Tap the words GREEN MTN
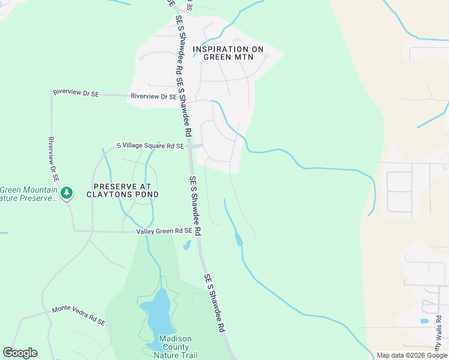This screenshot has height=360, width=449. (x=228, y=58)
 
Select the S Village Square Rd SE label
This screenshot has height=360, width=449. (x=149, y=146)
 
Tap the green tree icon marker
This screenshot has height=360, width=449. (x=67, y=193)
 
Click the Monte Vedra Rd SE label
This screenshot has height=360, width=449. (x=78, y=316)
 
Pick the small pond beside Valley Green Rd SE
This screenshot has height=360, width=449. (x=187, y=245)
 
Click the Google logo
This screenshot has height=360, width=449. (x=20, y=353)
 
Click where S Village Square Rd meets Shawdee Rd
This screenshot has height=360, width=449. (x=190, y=146)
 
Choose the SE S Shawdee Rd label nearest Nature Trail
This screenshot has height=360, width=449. (x=215, y=304)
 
